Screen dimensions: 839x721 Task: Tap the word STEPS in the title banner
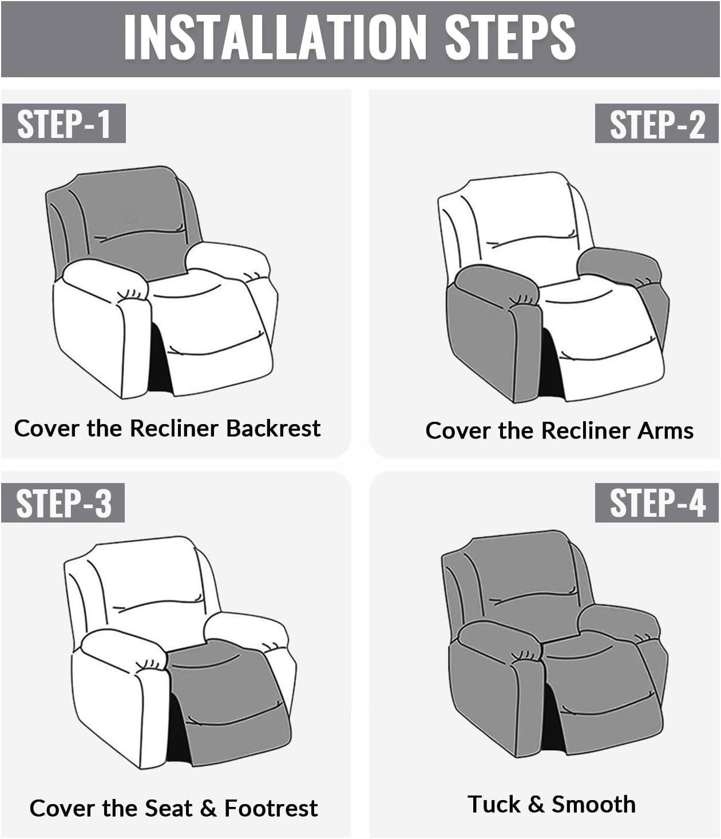click(510, 38)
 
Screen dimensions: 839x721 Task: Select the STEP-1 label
click(64, 124)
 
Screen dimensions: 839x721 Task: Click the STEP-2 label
click(657, 124)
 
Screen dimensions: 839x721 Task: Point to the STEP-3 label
click(64, 503)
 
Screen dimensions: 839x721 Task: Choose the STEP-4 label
click(657, 503)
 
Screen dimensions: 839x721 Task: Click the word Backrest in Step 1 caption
click(273, 428)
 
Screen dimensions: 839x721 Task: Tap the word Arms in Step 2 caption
click(667, 430)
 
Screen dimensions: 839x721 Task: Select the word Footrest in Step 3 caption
click(271, 808)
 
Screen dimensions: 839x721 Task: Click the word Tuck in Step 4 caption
click(493, 804)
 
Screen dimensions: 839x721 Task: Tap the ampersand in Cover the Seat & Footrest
click(208, 808)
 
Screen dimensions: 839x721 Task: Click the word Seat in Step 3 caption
click(169, 808)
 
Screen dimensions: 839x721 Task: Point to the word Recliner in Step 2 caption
click(584, 430)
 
